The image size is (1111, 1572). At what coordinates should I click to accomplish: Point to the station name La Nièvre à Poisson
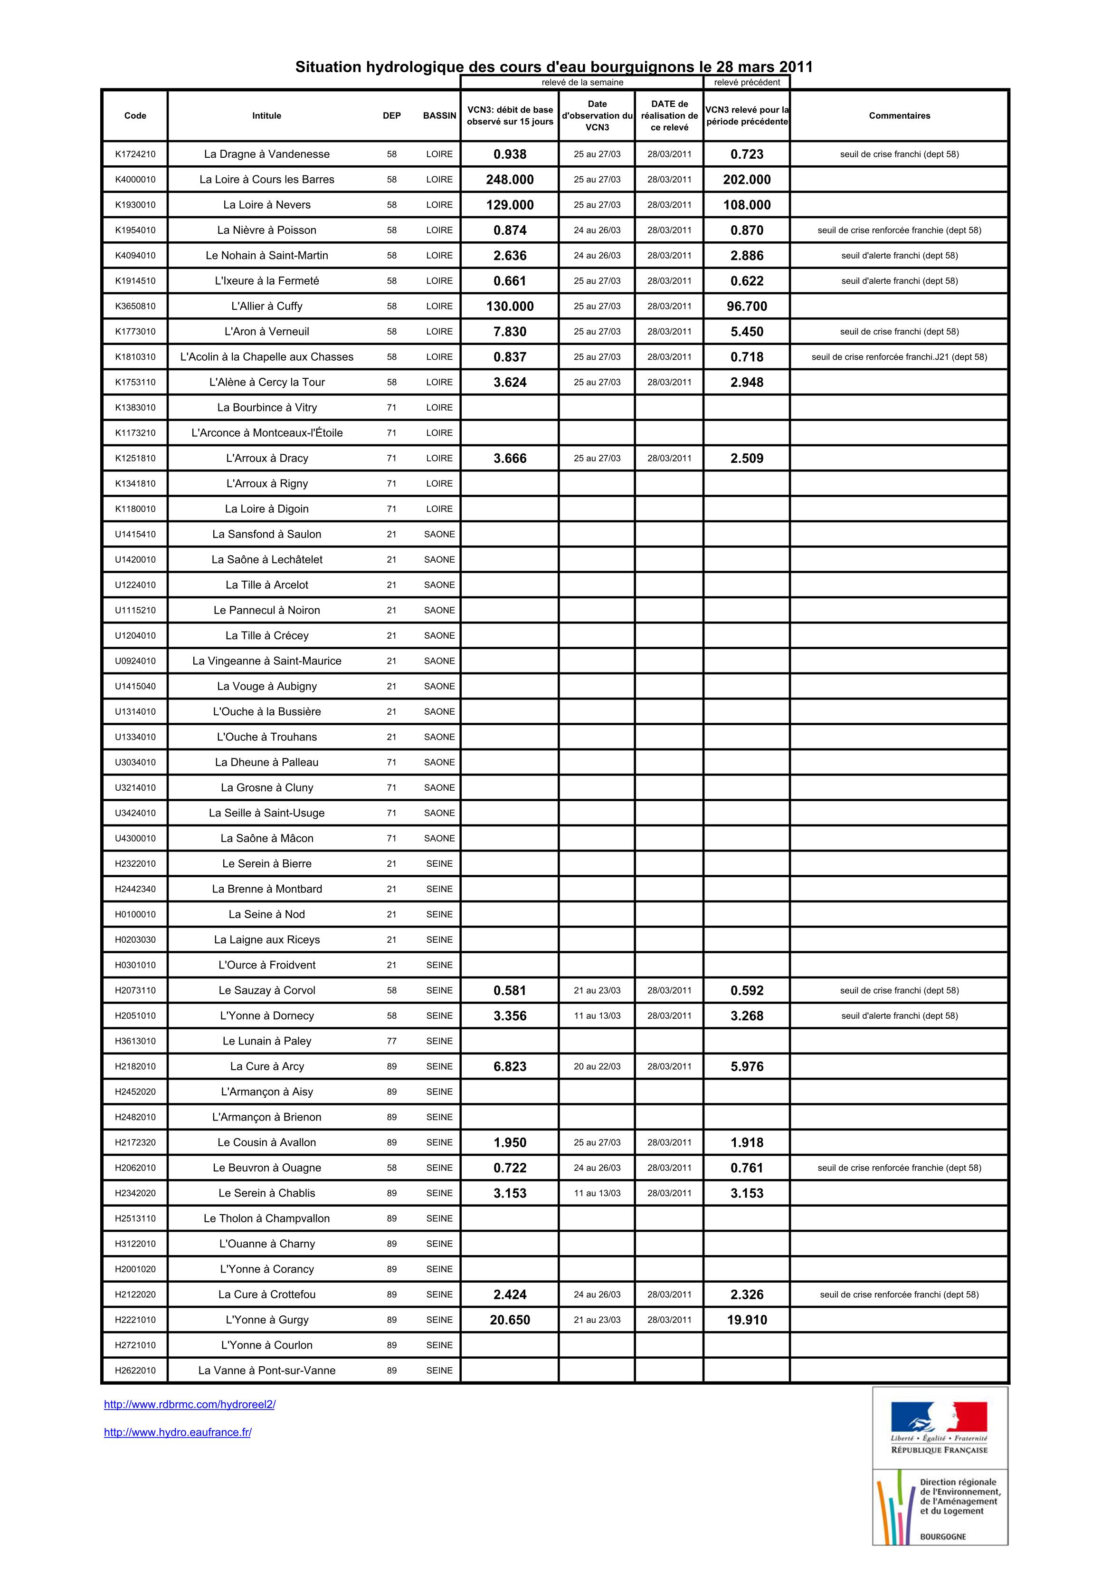[x=266, y=230]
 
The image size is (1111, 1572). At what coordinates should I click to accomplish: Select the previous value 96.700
[x=746, y=307]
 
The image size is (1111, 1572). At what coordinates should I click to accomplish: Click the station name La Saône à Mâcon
[x=266, y=838]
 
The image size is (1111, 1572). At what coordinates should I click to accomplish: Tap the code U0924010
[x=135, y=661]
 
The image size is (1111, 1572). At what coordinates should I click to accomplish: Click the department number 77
[x=391, y=1041]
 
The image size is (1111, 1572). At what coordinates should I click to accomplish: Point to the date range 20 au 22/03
[x=597, y=1066]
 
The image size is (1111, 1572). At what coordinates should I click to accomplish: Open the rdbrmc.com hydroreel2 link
[x=190, y=1404]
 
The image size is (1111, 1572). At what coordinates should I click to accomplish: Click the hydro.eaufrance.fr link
[x=177, y=1432]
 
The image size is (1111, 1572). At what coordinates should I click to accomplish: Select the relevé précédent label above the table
[x=746, y=82]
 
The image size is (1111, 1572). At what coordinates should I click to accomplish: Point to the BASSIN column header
[x=439, y=115]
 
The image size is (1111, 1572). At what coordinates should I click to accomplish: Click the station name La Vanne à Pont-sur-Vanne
[x=266, y=1371]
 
